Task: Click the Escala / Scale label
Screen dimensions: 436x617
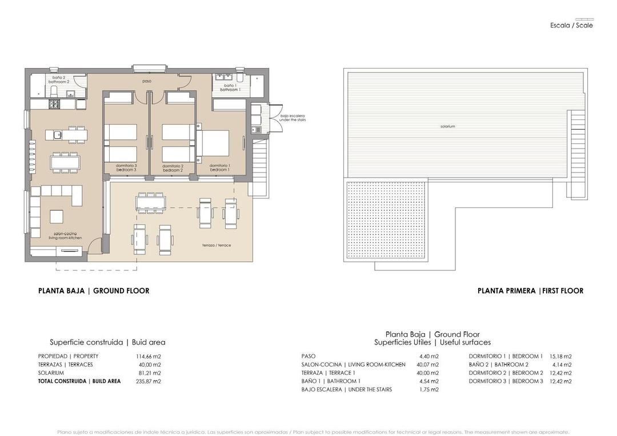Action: click(571, 25)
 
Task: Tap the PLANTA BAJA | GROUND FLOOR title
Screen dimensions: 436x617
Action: click(94, 291)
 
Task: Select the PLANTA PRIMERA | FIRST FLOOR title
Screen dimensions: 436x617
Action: click(530, 291)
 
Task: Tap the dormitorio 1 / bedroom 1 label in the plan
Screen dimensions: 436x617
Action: click(219, 168)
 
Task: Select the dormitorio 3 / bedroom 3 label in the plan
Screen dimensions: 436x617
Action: click(126, 168)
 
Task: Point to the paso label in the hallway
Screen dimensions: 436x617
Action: click(147, 81)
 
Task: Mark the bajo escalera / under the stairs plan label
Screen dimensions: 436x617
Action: click(292, 118)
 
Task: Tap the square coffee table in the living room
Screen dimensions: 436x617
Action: click(57, 217)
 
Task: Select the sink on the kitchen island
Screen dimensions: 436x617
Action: click(58, 135)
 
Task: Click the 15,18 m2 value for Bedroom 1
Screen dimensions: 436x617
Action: click(560, 357)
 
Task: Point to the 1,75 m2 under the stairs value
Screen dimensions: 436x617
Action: click(428, 390)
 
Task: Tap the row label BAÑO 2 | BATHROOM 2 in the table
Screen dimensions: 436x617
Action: click(498, 365)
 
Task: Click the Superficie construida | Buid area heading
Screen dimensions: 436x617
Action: click(107, 342)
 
